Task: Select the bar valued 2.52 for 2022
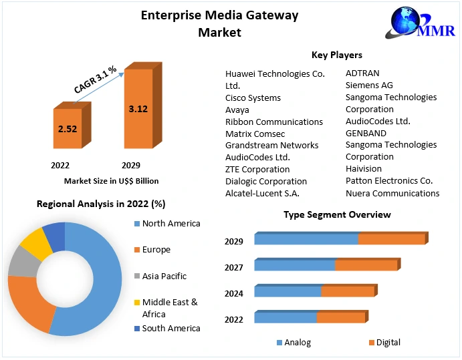(x=68, y=128)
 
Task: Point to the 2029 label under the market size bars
(x=130, y=165)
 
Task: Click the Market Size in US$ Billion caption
(x=111, y=180)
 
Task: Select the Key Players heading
(x=337, y=55)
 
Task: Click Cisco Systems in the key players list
(x=253, y=98)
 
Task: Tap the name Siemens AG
(x=369, y=85)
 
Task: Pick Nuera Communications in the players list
(x=392, y=193)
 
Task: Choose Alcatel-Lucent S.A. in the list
(x=262, y=193)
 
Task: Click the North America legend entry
(x=170, y=224)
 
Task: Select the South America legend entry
(x=170, y=328)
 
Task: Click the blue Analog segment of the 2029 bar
(x=306, y=239)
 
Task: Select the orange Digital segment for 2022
(x=340, y=317)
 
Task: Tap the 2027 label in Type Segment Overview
(x=234, y=267)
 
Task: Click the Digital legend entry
(x=388, y=343)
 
